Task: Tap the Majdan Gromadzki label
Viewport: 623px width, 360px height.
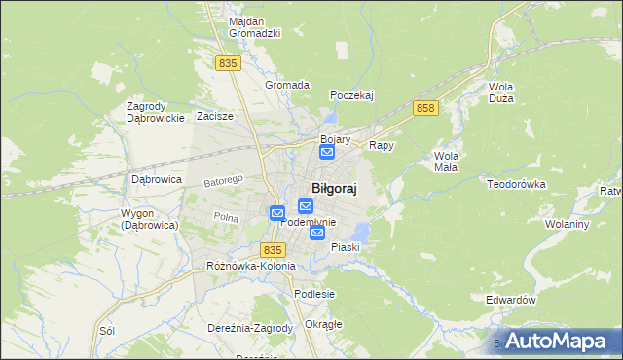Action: tap(254, 27)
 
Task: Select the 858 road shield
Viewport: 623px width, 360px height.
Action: tap(423, 108)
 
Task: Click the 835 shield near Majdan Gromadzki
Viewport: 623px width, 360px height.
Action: tap(229, 62)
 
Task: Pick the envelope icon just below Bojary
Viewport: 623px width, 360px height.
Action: tap(327, 152)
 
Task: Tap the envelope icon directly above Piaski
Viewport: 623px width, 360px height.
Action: tap(317, 233)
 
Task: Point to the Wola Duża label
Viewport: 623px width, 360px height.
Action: tap(500, 92)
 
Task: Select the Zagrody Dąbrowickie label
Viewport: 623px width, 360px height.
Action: tap(156, 112)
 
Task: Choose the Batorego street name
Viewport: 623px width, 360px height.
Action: tap(222, 181)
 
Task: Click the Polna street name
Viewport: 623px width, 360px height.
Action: tap(226, 218)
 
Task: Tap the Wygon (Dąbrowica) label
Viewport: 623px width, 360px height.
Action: tap(148, 219)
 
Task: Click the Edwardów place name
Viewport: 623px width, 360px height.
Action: tap(511, 301)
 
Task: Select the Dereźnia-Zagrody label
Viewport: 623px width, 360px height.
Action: tap(250, 328)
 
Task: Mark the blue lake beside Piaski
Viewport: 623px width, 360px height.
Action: tap(361, 232)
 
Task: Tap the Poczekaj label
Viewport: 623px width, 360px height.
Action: tap(351, 95)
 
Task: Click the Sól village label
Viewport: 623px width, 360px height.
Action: tap(107, 330)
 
